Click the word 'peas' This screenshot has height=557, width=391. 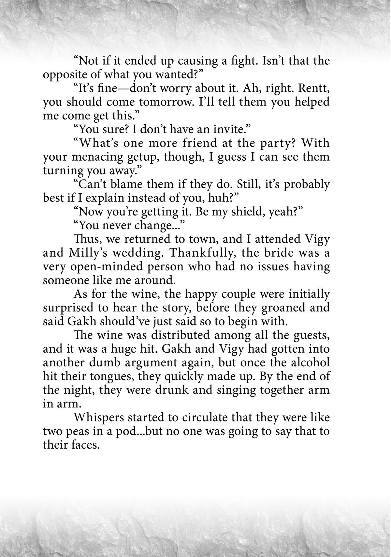point(77,431)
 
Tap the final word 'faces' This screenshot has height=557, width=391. point(83,445)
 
